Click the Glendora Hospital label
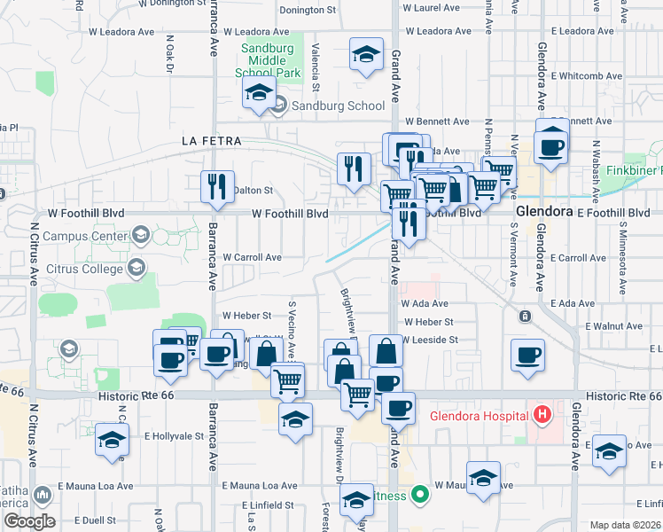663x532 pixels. [x=479, y=415]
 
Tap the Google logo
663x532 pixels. [x=28, y=521]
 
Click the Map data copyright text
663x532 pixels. [x=624, y=525]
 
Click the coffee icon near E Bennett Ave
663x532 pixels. [x=551, y=145]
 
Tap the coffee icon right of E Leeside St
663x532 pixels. [x=528, y=356]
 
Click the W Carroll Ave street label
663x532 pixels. [x=252, y=257]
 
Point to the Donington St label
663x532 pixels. [x=309, y=11]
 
